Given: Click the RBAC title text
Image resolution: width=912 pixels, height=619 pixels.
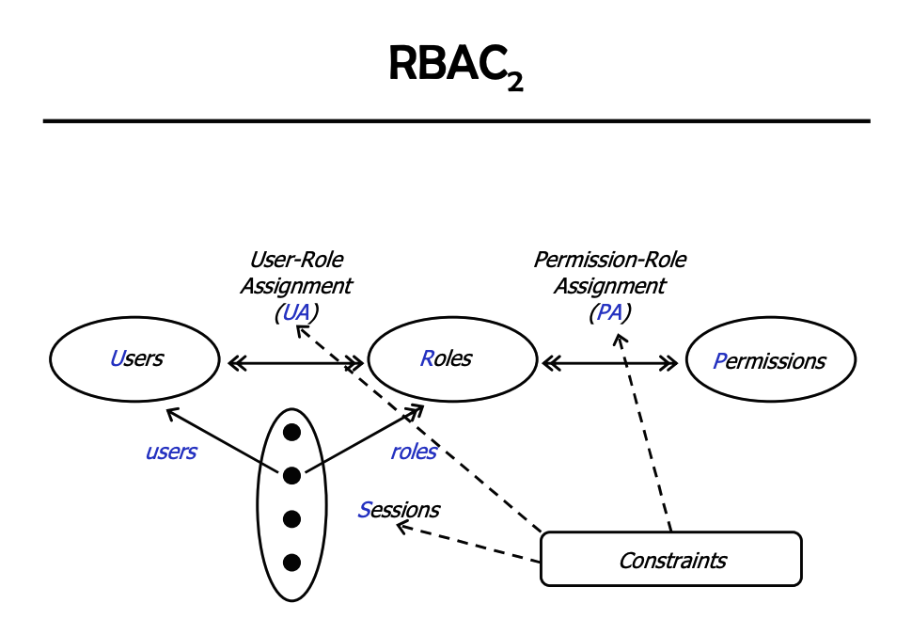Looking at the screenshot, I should [x=448, y=63].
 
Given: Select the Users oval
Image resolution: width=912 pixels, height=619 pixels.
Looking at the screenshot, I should [x=135, y=359].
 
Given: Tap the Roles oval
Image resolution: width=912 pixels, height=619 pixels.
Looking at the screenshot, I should [x=446, y=359].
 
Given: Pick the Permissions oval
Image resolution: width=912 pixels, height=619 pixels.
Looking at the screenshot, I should [x=770, y=361].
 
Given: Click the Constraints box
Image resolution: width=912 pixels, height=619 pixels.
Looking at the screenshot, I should [x=671, y=561].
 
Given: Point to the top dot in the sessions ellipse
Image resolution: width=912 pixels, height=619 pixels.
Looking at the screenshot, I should [x=291, y=433].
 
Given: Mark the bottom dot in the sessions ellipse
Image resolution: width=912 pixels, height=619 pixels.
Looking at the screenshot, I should [x=291, y=563].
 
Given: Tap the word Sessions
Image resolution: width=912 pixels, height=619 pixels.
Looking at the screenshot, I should [x=399, y=510].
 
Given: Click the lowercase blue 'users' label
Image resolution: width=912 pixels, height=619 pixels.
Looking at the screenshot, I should [x=171, y=452].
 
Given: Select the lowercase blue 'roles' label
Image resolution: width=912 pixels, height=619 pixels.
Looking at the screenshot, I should [x=414, y=452].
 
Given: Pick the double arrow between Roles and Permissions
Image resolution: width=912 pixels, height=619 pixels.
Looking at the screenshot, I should [x=609, y=361].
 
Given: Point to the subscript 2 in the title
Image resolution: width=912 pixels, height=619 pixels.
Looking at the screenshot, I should [x=514, y=83].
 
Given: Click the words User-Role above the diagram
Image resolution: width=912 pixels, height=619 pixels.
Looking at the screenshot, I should [x=295, y=260].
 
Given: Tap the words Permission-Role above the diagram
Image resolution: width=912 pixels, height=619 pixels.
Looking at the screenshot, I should [x=609, y=260].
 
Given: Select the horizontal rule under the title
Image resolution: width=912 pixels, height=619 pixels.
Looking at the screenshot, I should [x=456, y=121].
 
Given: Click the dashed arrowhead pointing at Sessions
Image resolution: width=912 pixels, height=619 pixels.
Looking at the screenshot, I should [x=401, y=527].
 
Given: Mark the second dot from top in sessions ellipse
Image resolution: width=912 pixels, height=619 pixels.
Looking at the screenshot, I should [x=291, y=475].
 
